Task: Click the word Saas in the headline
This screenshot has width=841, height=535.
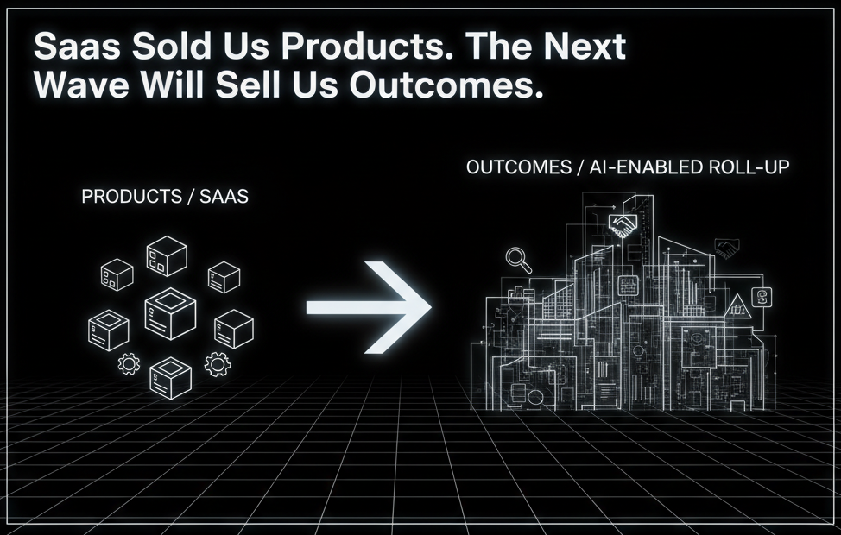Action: pos(77,46)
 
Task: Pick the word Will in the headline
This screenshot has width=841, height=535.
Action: pos(173,85)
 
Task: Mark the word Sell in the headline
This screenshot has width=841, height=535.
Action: pos(249,85)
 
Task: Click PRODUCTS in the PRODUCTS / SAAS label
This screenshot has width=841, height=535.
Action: pos(132,197)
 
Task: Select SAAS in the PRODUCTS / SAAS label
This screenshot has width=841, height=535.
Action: pos(224,197)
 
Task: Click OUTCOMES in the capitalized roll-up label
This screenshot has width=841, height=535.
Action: pos(519,167)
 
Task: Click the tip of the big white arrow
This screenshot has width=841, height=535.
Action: pos(431,307)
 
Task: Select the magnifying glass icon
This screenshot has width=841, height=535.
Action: pos(519,260)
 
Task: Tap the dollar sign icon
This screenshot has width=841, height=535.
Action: pos(762,297)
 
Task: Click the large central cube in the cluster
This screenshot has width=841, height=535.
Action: pos(170,313)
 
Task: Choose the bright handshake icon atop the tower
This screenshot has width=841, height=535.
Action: pos(623,224)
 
